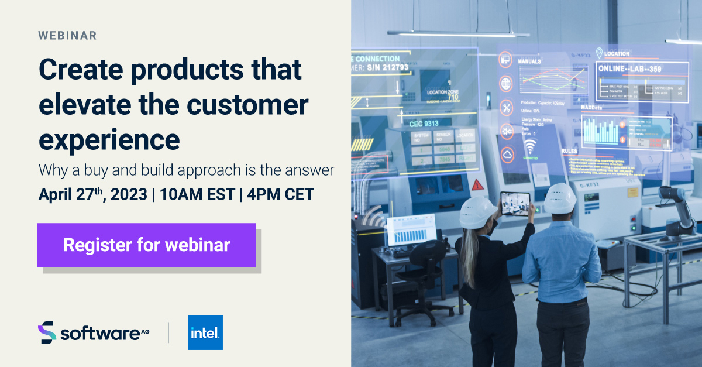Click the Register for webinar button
(x=146, y=245)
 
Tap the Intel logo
(x=205, y=332)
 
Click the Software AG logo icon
(x=47, y=332)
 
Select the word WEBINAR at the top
(x=67, y=36)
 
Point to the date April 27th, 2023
(x=92, y=194)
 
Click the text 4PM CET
(x=280, y=194)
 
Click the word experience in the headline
(x=109, y=139)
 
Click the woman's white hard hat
(x=478, y=212)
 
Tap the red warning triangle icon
(x=478, y=185)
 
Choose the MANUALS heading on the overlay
(x=529, y=61)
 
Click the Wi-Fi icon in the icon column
(x=530, y=146)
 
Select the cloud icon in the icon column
(x=507, y=154)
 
